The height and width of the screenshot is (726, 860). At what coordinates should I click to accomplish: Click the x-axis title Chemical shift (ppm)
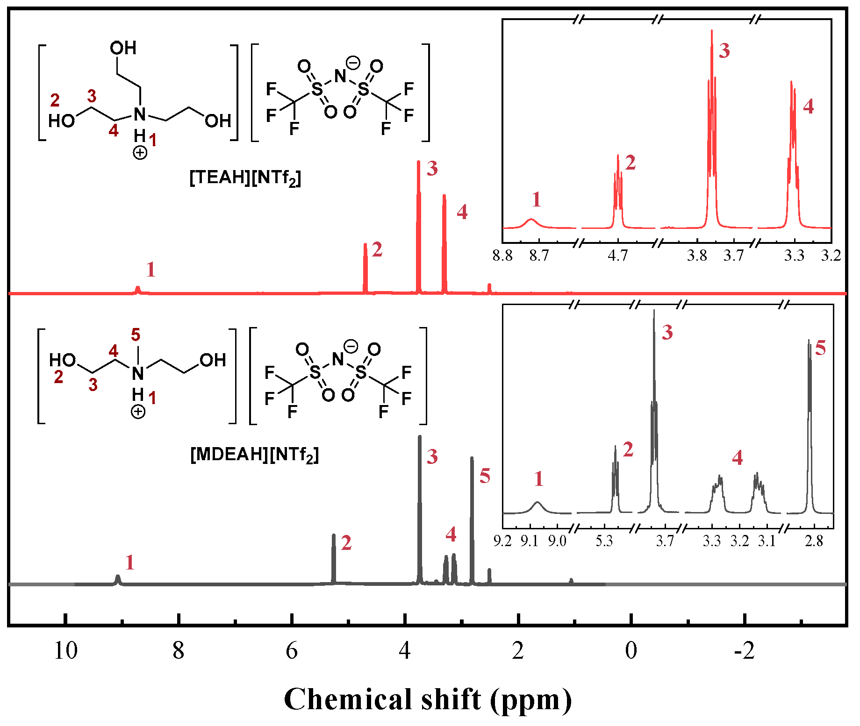coord(428,699)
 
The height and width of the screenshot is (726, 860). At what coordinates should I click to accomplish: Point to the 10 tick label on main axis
coord(65,651)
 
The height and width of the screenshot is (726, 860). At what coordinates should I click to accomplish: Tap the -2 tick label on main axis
coord(744,651)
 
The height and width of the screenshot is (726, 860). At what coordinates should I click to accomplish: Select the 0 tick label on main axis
coord(631,651)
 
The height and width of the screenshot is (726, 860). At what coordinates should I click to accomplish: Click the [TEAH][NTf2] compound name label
coord(245,178)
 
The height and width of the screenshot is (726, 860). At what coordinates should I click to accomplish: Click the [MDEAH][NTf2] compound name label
coord(254,455)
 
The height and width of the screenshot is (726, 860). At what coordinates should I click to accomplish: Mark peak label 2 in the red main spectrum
coord(377,250)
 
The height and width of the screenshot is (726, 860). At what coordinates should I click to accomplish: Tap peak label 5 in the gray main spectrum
coord(485,477)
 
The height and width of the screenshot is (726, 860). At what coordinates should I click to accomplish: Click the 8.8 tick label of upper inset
coord(502,256)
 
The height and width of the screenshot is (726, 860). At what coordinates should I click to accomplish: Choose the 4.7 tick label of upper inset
coord(617,256)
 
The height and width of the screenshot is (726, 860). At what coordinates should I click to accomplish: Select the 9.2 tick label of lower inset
coord(502,541)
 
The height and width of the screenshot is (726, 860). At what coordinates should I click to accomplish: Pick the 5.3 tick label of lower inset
coord(604,541)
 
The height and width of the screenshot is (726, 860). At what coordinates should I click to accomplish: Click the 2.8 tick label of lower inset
coord(814,541)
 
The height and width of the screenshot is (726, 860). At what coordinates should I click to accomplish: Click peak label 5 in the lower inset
coord(820,349)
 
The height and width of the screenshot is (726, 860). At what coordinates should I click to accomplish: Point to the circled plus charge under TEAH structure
coord(140,153)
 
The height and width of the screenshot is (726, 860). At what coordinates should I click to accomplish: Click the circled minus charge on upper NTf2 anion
coord(353,63)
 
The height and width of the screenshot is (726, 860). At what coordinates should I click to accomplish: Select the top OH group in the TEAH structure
coord(123,48)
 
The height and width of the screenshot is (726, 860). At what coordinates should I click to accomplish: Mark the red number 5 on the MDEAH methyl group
coord(136,335)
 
